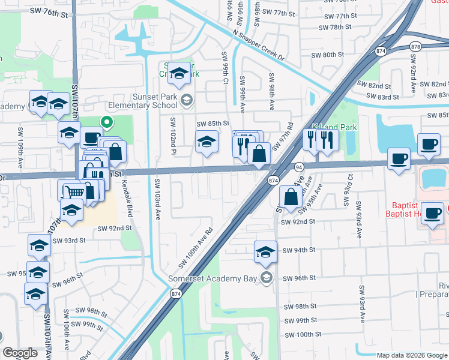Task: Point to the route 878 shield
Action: (x=415, y=46)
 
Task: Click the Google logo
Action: (x=20, y=353)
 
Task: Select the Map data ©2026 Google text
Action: (x=412, y=355)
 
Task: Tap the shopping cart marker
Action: (x=73, y=192)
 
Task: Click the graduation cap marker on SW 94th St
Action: (x=265, y=253)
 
